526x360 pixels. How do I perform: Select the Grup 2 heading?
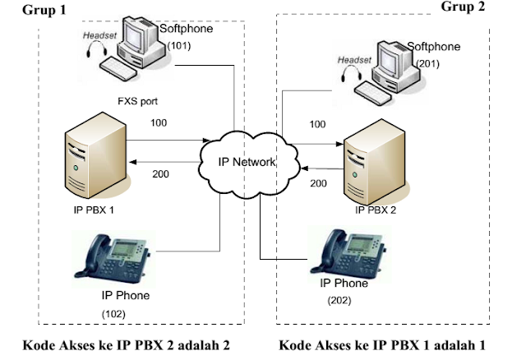tap(487, 7)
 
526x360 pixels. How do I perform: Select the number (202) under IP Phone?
tap(337, 300)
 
